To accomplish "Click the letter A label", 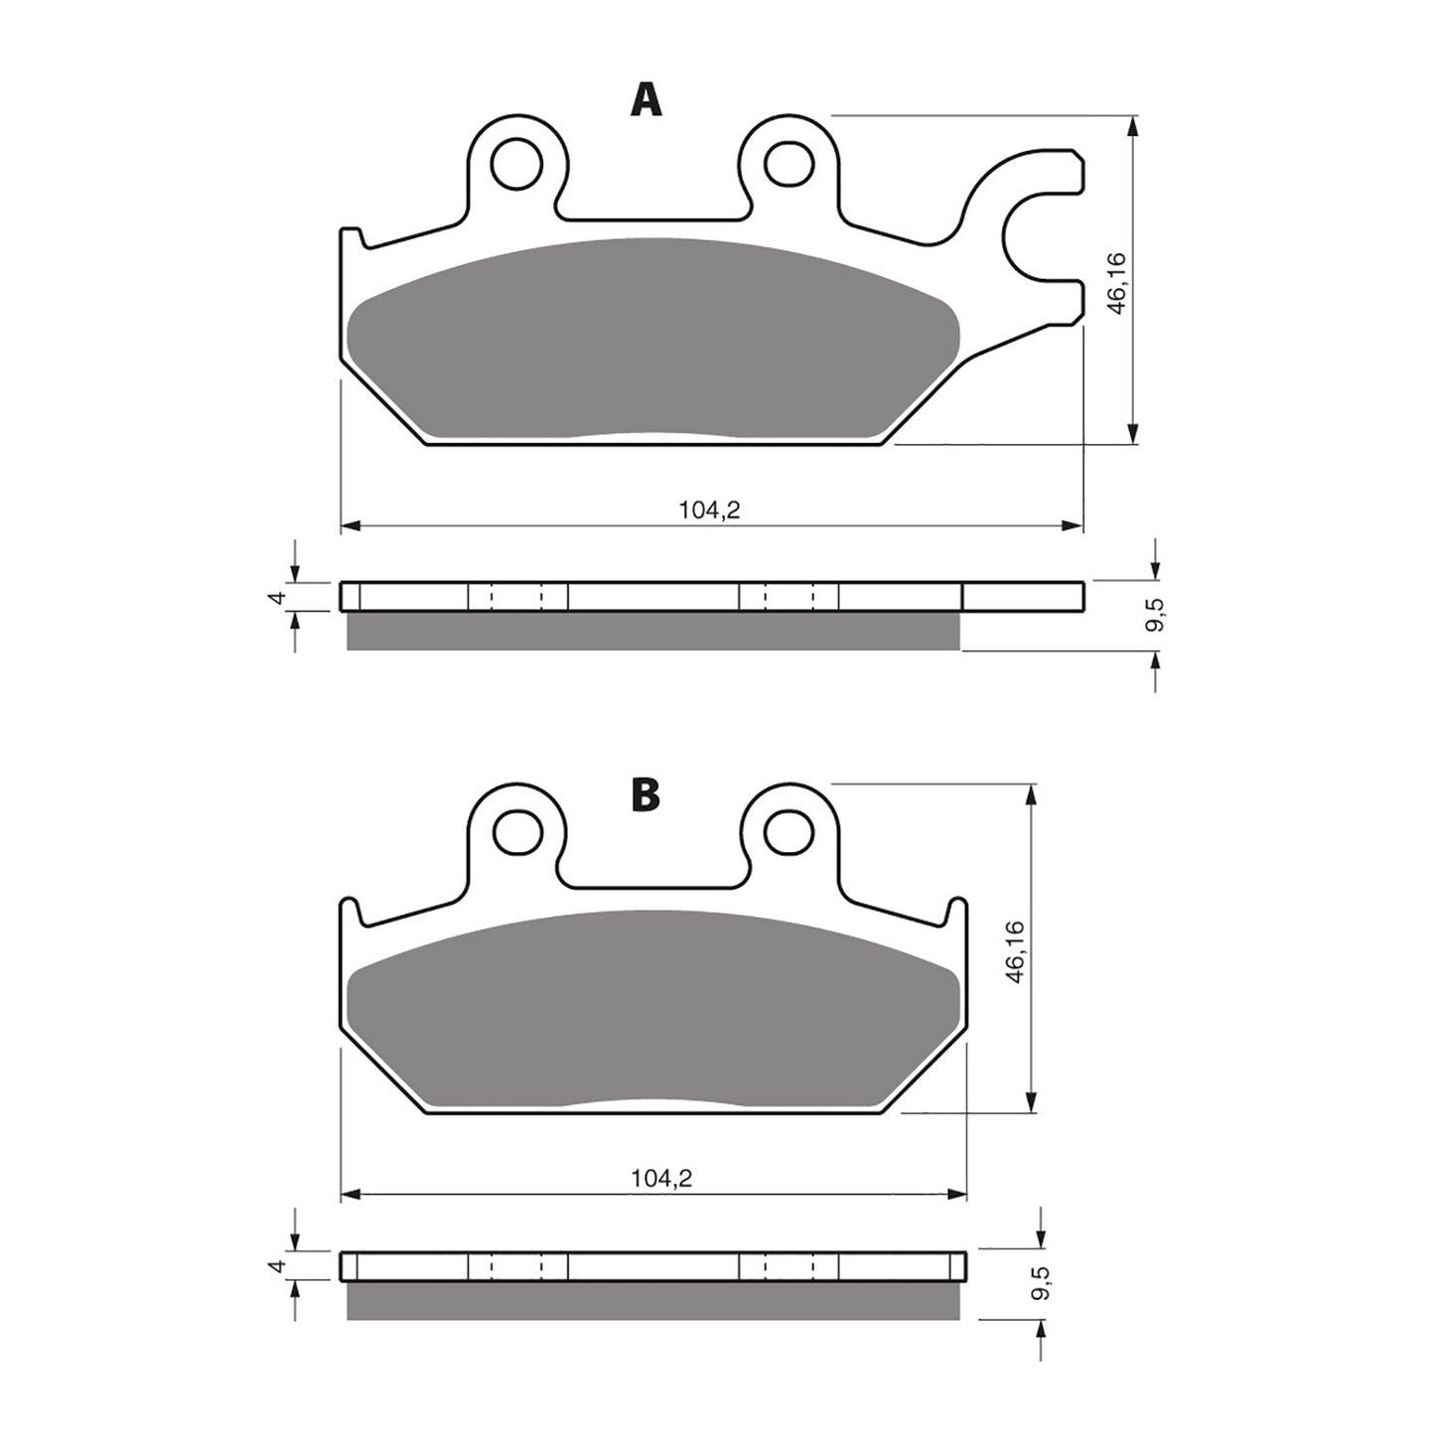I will pyautogui.click(x=646, y=100).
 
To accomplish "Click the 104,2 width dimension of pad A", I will pyautogui.click(x=710, y=510).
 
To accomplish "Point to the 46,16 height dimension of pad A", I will pyautogui.click(x=1116, y=283).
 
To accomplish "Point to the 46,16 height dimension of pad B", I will pyautogui.click(x=1016, y=951).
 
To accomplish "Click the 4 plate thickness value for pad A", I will pyautogui.click(x=279, y=597).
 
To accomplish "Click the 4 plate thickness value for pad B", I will pyautogui.click(x=279, y=1266).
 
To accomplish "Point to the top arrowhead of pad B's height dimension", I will pyautogui.click(x=1034, y=795).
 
